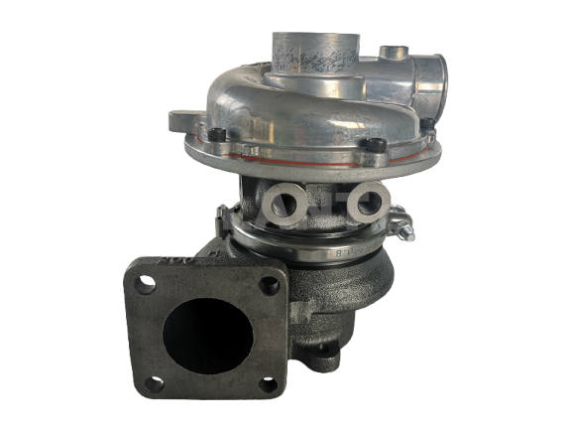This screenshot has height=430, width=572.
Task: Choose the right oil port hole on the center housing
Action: [361, 205]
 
